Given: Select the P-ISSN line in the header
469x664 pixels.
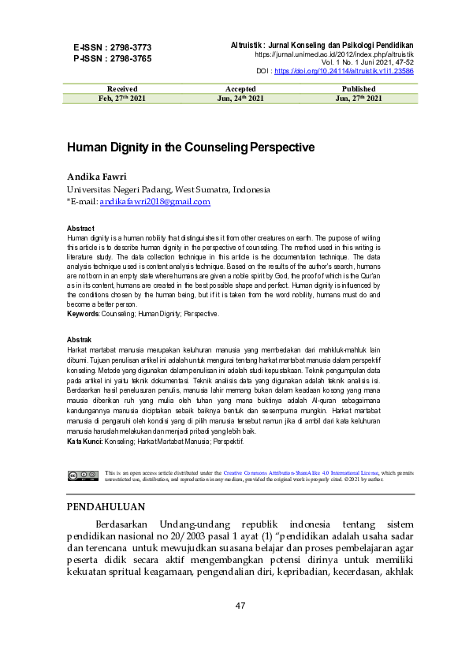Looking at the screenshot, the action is click(x=113, y=58).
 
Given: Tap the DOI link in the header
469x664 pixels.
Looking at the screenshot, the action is click(x=350, y=71).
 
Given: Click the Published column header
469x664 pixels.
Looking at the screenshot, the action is click(x=359, y=89).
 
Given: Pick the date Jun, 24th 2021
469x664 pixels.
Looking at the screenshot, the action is click(x=240, y=99).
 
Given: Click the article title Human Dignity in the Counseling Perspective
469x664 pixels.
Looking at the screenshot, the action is click(x=191, y=147).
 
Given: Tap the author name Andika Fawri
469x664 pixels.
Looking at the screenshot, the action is click(x=95, y=176).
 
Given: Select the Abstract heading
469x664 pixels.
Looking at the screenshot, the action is click(x=81, y=229).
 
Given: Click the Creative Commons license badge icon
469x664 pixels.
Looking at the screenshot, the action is click(x=83, y=476).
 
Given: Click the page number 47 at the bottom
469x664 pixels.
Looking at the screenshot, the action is click(x=241, y=606).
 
